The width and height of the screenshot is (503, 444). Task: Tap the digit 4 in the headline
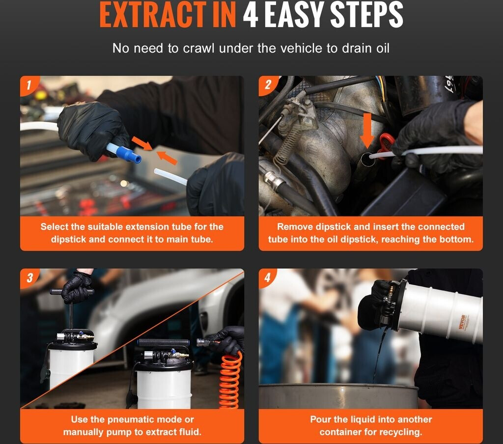click(x=251, y=15)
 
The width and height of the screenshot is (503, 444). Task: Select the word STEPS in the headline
click(x=366, y=15)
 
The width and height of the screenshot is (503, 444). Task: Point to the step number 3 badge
click(x=29, y=277)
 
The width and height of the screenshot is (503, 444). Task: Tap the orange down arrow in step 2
click(x=367, y=130)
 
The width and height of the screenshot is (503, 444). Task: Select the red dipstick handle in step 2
click(x=386, y=144)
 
